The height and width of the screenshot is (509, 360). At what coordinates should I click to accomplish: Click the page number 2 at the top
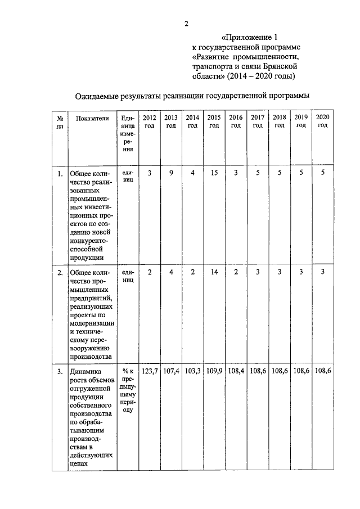tap(186, 23)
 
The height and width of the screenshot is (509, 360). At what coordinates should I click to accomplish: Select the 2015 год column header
tap(214, 121)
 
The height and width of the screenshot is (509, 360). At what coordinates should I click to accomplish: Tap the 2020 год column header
tap(322, 121)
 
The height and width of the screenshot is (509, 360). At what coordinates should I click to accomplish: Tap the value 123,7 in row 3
tap(150, 372)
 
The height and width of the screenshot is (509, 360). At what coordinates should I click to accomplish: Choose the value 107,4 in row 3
tap(171, 372)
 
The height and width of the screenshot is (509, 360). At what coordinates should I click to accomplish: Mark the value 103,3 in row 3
tap(192, 372)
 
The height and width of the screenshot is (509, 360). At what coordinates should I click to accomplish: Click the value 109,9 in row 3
tap(214, 372)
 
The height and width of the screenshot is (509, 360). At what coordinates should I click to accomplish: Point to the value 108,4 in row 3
tap(236, 372)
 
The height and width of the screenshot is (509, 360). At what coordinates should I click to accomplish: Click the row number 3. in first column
tap(60, 372)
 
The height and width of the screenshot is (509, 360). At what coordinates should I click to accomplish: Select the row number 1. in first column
tap(60, 173)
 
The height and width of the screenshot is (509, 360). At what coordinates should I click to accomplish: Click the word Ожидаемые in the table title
tap(98, 97)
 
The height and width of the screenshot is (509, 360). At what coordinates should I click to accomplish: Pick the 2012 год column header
tap(150, 121)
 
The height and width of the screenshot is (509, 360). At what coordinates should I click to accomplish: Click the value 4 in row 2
tap(171, 273)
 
